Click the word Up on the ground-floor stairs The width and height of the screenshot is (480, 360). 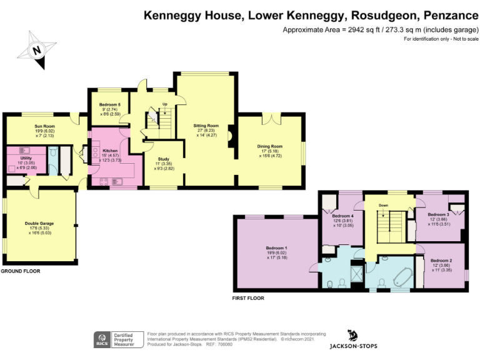tap(165, 104)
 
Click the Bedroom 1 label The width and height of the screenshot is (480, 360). tap(276, 248)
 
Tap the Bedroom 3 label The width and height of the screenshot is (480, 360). tap(438, 214)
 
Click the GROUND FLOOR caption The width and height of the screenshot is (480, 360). tap(20, 271)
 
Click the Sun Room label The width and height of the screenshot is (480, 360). tap(45, 126)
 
